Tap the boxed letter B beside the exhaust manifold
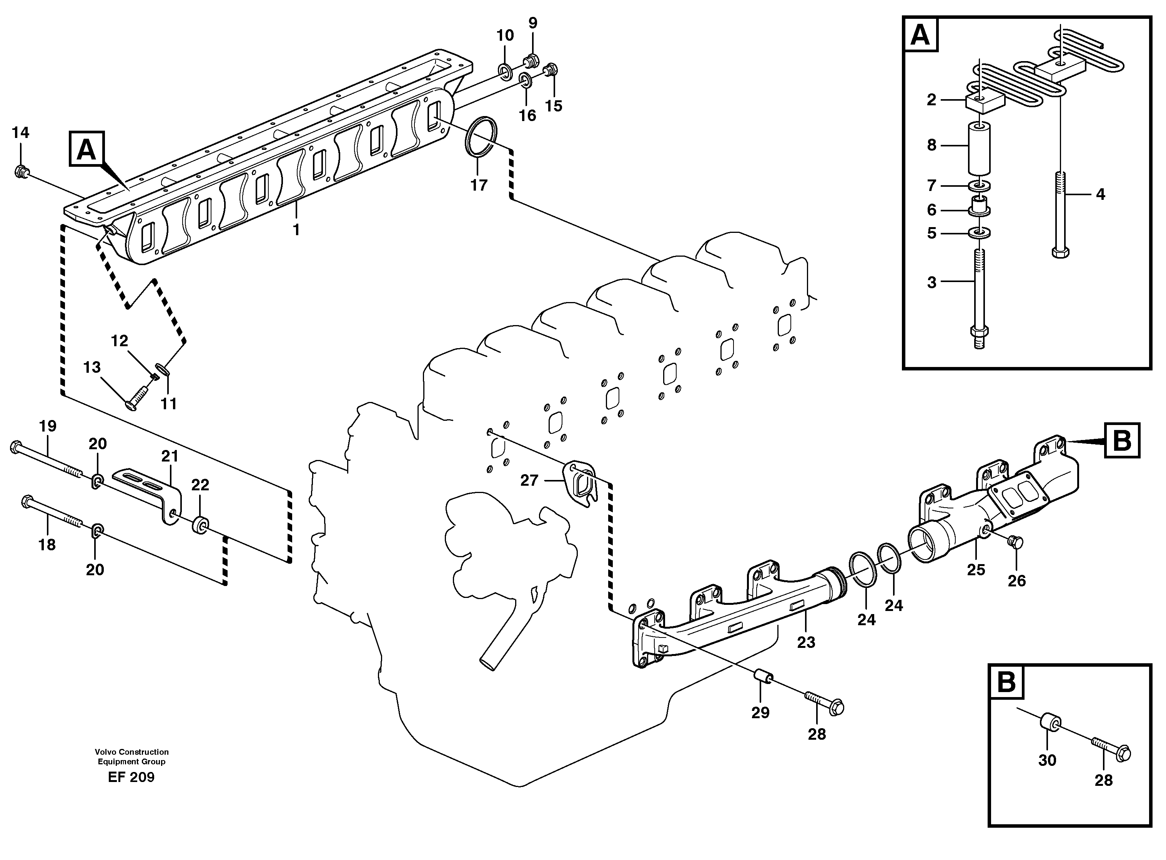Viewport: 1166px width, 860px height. click(1121, 441)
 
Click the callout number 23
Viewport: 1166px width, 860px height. click(806, 643)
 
